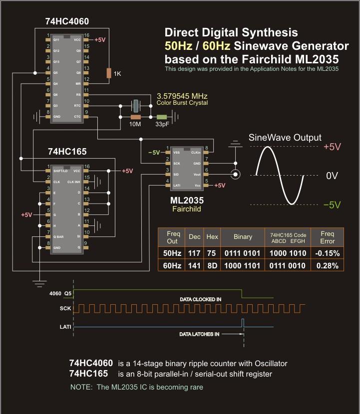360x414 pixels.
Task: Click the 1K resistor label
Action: (117, 74)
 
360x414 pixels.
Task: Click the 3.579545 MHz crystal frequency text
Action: (182, 96)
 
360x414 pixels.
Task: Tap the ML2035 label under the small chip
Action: (187, 201)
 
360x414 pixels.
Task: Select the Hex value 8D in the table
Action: (212, 266)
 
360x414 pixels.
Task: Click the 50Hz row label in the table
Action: (173, 253)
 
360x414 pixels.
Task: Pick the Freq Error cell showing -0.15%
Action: (328, 253)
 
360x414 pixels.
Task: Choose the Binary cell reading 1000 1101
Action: (243, 266)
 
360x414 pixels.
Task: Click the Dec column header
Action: (194, 236)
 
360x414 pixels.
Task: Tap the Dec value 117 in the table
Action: (194, 253)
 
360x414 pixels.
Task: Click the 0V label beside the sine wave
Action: (332, 176)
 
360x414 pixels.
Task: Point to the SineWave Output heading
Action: (285, 137)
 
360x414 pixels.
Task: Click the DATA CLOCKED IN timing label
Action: (201, 299)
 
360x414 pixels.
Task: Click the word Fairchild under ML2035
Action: (186, 209)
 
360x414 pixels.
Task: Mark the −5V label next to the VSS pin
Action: (155, 153)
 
